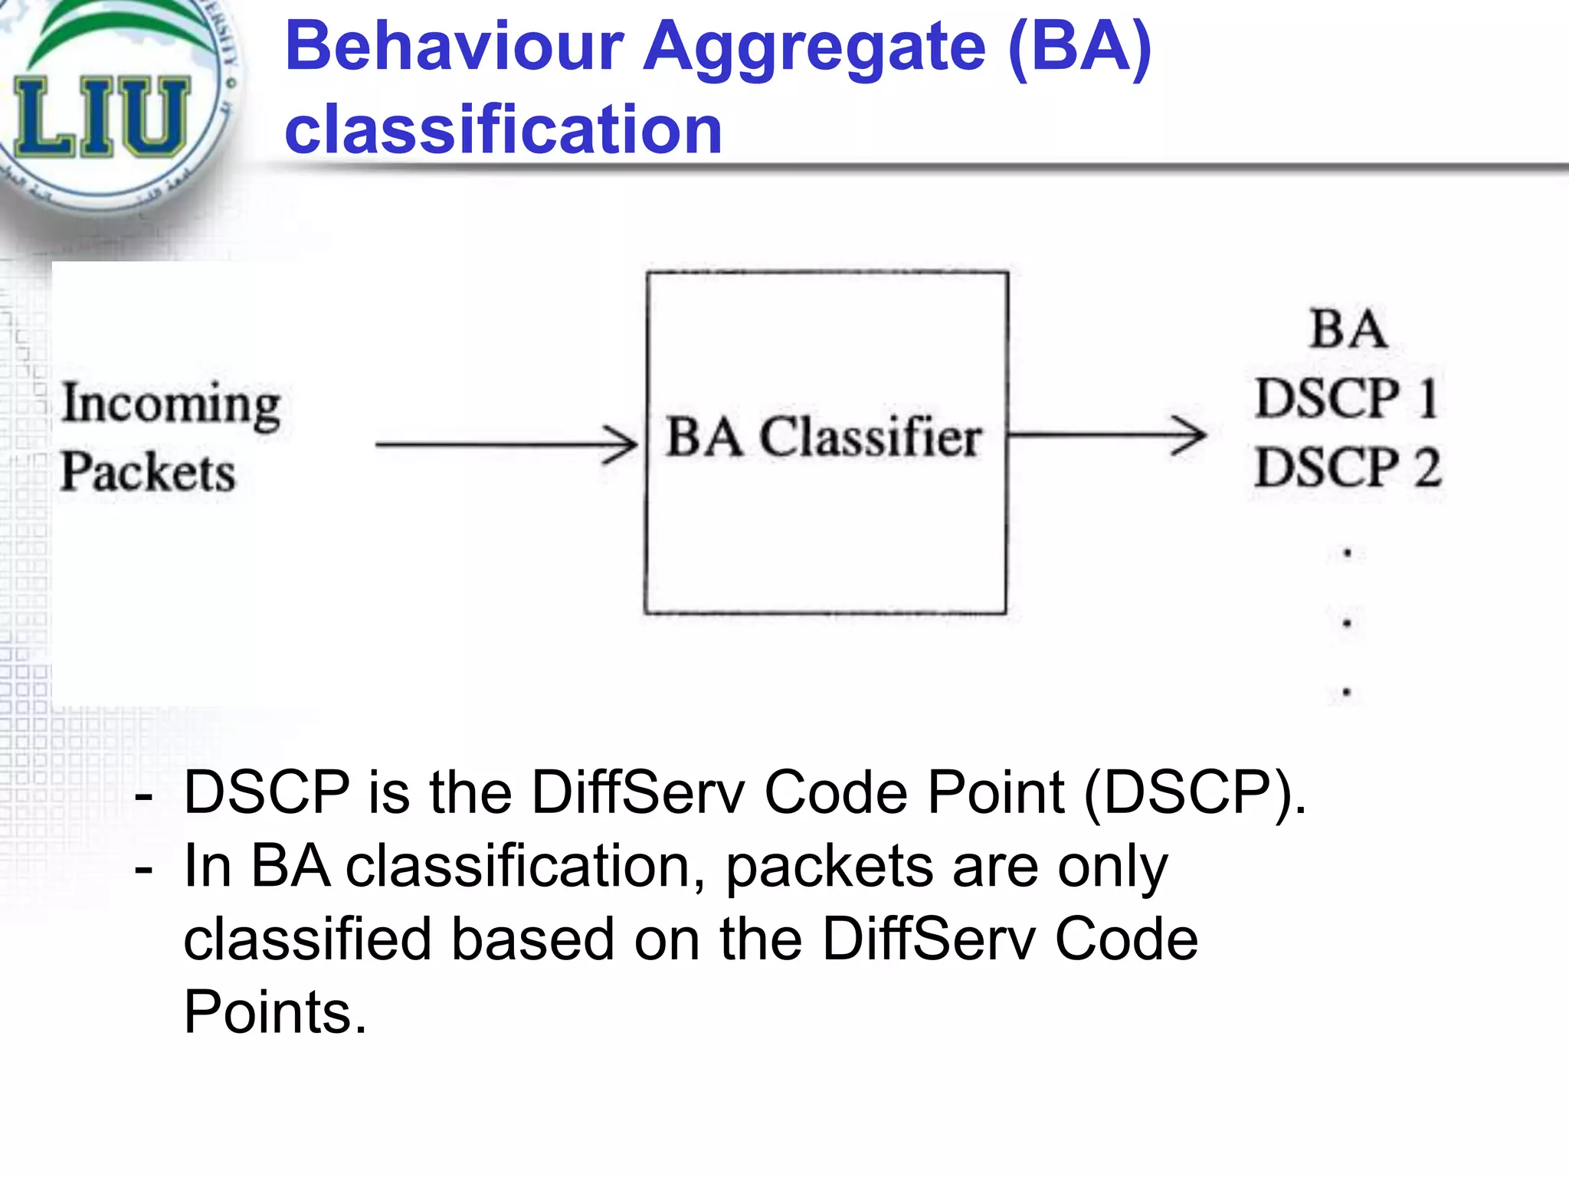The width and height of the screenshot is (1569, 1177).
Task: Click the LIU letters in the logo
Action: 102,117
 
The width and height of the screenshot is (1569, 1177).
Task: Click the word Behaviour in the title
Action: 454,48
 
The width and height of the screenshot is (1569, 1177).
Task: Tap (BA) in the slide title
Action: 1080,48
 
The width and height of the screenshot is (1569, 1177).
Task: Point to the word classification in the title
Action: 503,130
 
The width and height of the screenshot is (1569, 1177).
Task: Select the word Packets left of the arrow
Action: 148,471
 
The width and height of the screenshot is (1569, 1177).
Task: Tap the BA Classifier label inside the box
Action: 824,438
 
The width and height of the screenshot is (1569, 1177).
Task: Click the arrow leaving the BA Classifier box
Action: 1107,435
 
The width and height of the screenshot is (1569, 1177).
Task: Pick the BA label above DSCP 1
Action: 1348,329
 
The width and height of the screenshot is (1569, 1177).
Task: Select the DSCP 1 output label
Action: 1346,398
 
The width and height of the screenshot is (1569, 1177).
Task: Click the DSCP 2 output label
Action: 1348,467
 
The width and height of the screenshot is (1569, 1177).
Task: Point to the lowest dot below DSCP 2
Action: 1346,692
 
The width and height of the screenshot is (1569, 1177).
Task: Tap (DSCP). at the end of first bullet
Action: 1194,792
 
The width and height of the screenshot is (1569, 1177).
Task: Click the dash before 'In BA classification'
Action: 142,869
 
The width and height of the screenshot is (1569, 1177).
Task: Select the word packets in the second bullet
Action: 830,867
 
